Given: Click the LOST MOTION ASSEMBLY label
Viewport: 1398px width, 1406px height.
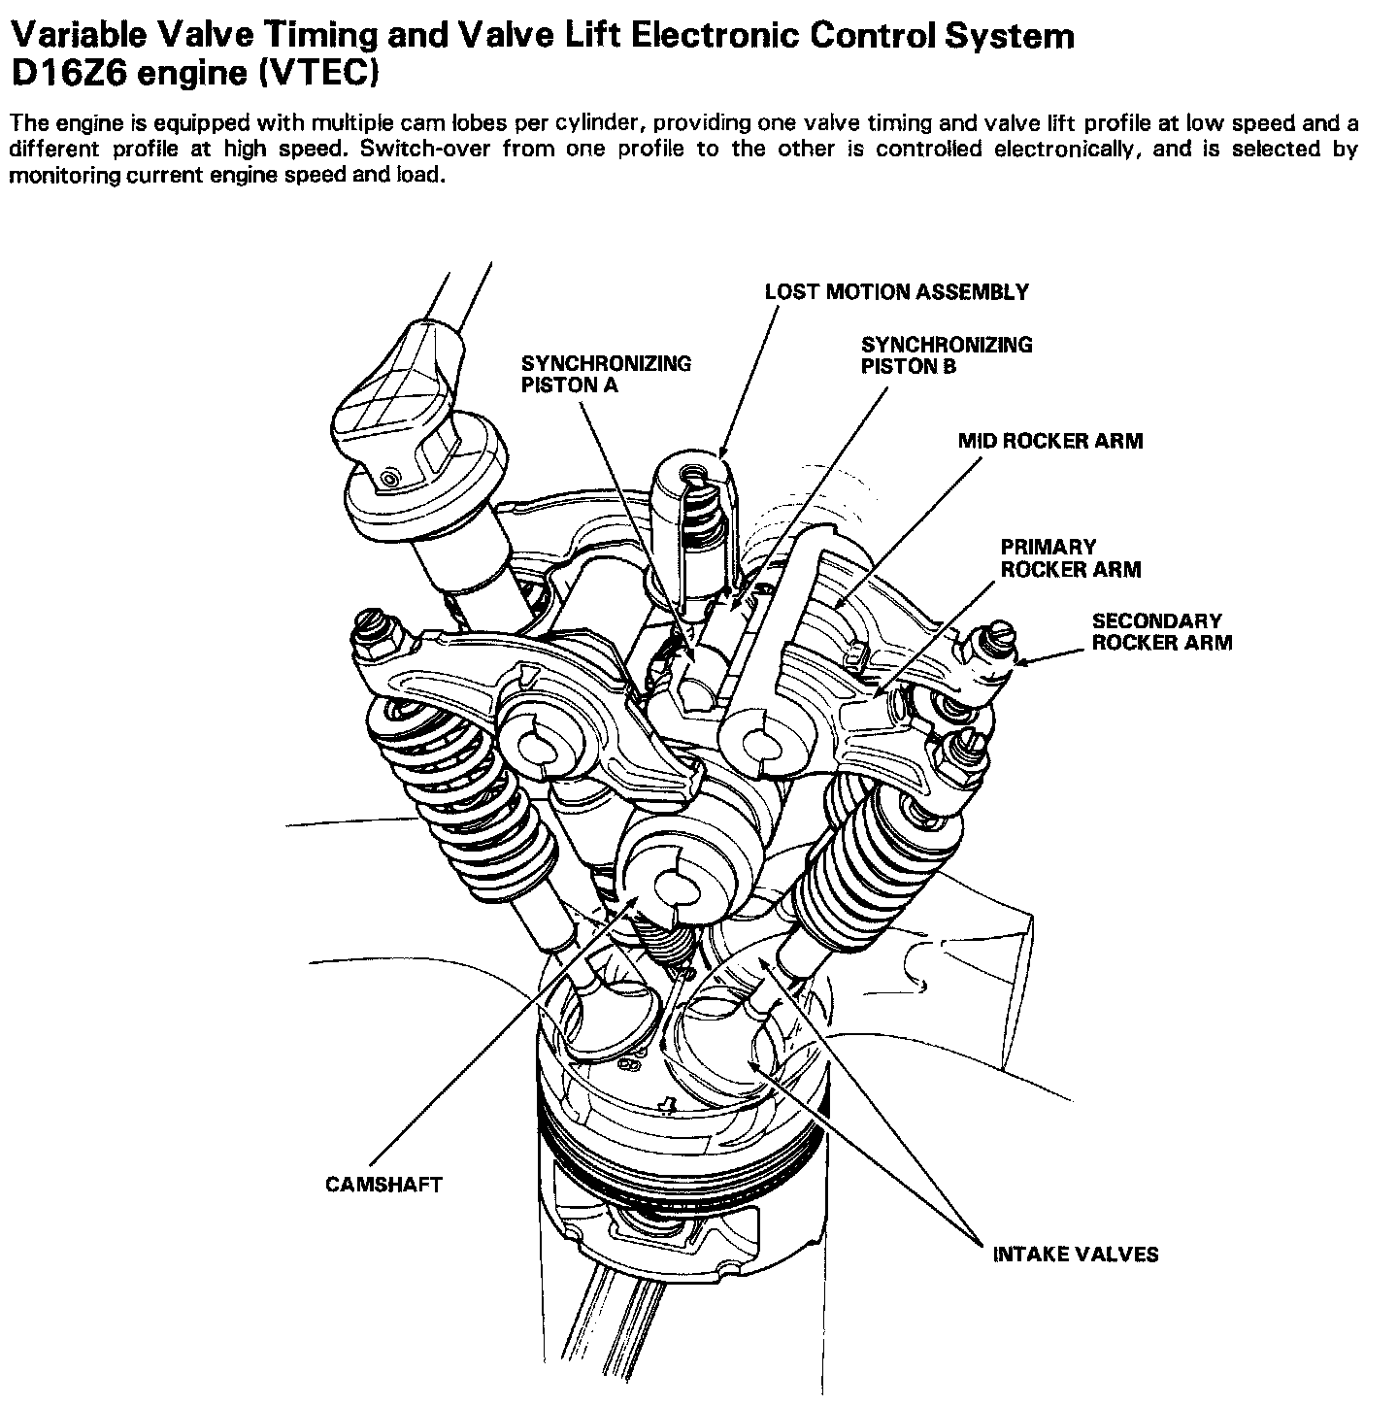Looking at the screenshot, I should (896, 291).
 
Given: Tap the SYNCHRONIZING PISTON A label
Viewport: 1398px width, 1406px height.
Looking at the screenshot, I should (606, 374).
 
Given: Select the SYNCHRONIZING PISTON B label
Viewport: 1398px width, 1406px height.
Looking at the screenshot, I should (947, 354).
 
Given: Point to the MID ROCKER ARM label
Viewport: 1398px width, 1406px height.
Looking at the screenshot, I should (1050, 441).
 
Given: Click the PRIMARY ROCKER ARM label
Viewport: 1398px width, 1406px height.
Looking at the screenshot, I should (1070, 558).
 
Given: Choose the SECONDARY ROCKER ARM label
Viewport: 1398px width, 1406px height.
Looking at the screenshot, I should (1161, 631).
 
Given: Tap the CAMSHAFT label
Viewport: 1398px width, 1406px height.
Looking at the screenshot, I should (383, 1185).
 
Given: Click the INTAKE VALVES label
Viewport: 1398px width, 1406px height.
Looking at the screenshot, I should (1075, 1254).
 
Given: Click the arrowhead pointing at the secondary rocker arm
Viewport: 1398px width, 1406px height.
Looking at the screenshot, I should (1016, 662).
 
